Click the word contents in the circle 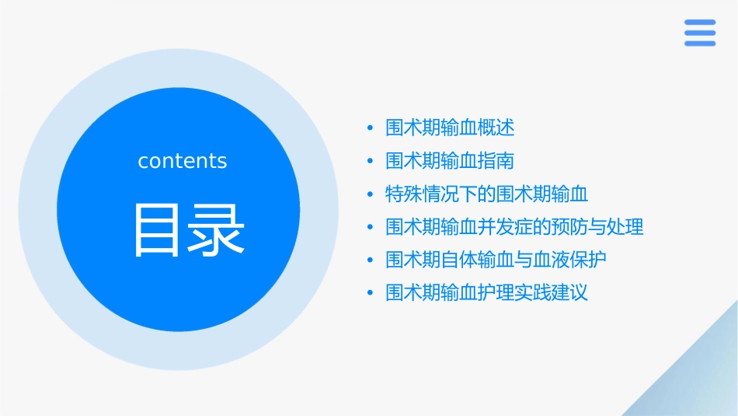point(183,161)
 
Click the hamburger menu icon point(699,33)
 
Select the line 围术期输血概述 point(450,128)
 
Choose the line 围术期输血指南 point(450,161)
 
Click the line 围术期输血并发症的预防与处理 point(514,227)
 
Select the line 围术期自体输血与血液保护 point(496,260)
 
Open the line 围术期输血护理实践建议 point(486,293)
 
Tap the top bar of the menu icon point(699,23)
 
